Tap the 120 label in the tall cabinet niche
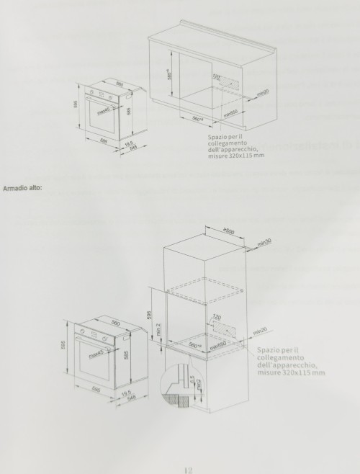coord(215,317)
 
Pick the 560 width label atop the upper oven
coord(120,85)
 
